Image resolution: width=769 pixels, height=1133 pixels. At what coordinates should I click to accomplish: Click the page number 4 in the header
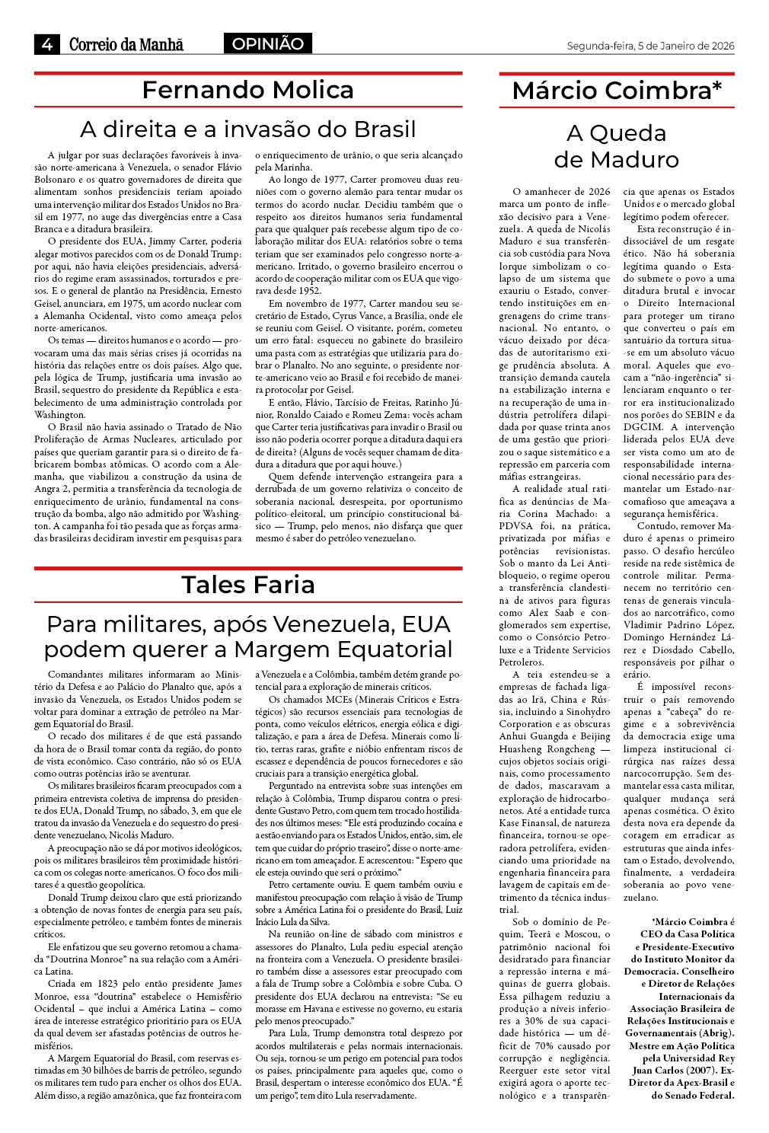(x=46, y=44)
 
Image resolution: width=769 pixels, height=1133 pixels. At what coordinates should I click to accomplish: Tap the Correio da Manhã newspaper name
(x=126, y=44)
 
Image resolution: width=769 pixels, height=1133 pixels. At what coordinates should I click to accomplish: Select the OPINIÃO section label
(x=268, y=44)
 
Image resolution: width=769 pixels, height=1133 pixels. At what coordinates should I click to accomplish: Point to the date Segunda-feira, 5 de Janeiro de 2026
(x=650, y=46)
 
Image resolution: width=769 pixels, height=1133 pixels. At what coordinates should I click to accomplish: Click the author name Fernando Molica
(x=247, y=90)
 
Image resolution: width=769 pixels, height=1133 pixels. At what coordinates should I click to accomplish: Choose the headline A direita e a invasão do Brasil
(x=248, y=129)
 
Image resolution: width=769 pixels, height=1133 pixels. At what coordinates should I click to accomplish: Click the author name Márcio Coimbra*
(x=617, y=91)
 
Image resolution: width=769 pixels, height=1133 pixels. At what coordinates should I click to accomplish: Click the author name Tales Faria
(x=247, y=584)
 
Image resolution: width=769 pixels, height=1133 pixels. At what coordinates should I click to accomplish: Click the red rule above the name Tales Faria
(x=247, y=568)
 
